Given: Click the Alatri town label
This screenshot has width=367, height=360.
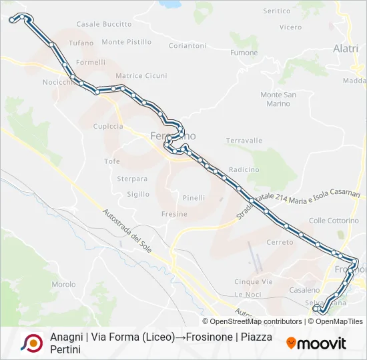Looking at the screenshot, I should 346,49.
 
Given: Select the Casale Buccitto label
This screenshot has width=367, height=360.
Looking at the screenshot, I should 104,24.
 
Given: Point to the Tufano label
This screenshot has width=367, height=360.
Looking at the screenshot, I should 81,43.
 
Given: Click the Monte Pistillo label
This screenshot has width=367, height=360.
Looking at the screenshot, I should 127,42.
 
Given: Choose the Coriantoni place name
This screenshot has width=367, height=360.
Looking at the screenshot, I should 188,45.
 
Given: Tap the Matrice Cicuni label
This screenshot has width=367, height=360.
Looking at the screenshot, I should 141,76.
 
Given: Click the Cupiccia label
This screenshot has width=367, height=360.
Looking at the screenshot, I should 108,126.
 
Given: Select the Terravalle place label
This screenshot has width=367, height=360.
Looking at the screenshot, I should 244,141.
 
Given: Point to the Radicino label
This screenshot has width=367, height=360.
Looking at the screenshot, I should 244,169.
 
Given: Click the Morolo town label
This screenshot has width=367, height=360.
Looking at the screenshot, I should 63,284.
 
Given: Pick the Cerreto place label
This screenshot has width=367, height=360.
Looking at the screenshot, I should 280,242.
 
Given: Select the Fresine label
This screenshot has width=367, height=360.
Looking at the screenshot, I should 174,214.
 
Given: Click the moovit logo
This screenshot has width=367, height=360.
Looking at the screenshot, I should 316,343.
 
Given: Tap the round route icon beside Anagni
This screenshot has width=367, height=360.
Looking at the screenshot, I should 31,343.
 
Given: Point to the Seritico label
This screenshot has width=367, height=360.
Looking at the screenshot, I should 277,11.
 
